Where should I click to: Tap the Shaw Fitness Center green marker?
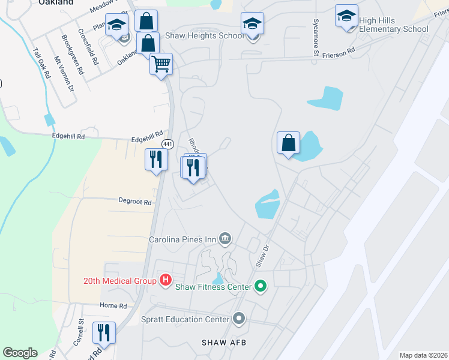[x=260, y=286]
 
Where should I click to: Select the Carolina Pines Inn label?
[x=182, y=239]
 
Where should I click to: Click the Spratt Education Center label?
[x=185, y=319]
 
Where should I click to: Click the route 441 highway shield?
[x=167, y=145]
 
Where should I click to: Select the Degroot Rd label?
[x=134, y=202]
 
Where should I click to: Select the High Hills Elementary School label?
[x=394, y=25]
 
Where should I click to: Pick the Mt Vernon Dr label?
[x=63, y=73]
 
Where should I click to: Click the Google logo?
[x=20, y=353]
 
